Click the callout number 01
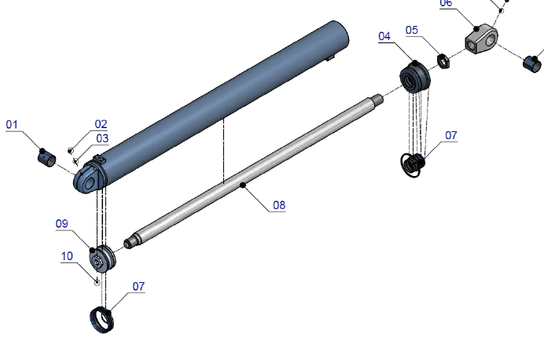[x=12, y=124]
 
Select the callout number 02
[x=101, y=124]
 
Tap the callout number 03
[x=102, y=138]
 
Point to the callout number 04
[x=384, y=36]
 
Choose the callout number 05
[x=412, y=30]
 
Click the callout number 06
[x=446, y=3]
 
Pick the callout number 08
[x=279, y=205]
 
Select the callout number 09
[x=62, y=224]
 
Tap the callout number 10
[x=67, y=256]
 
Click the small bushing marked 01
[x=47, y=159]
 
